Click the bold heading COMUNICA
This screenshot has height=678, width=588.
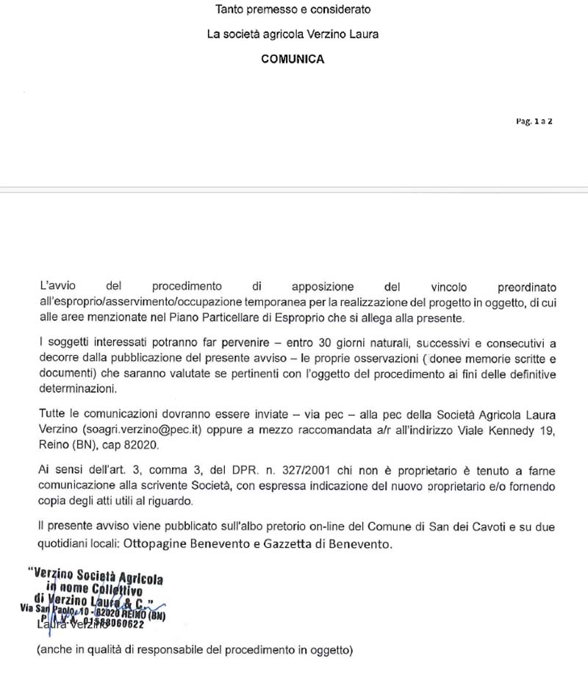pyautogui.click(x=293, y=60)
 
